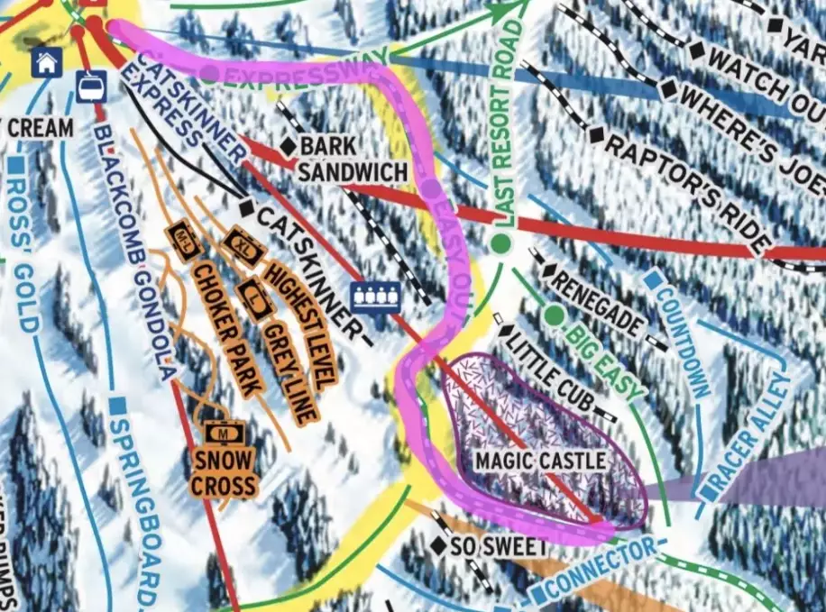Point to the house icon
click(47, 62)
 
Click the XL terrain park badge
click(243, 243)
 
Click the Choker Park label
click(221, 328)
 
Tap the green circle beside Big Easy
click(554, 314)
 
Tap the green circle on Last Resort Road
click(499, 243)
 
